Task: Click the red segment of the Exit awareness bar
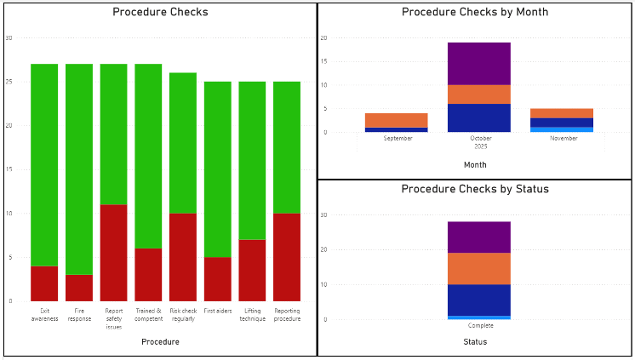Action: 44,283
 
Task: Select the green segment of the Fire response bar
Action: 79,169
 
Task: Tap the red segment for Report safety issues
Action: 113,253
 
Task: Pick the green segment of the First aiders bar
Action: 218,169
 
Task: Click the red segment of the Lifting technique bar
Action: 252,270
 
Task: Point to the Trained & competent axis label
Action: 148,314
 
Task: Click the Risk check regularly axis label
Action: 183,314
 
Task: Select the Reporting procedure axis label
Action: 287,314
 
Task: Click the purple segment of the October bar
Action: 479,63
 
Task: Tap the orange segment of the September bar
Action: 397,120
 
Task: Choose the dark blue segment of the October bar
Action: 479,117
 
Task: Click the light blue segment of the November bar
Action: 562,129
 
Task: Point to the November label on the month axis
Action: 563,138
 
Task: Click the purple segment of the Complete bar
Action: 479,237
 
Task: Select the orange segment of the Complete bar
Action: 479,268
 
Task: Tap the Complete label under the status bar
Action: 480,325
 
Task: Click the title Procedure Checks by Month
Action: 475,12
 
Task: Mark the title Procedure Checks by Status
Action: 475,188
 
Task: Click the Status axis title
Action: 475,341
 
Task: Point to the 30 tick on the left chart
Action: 9,38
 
